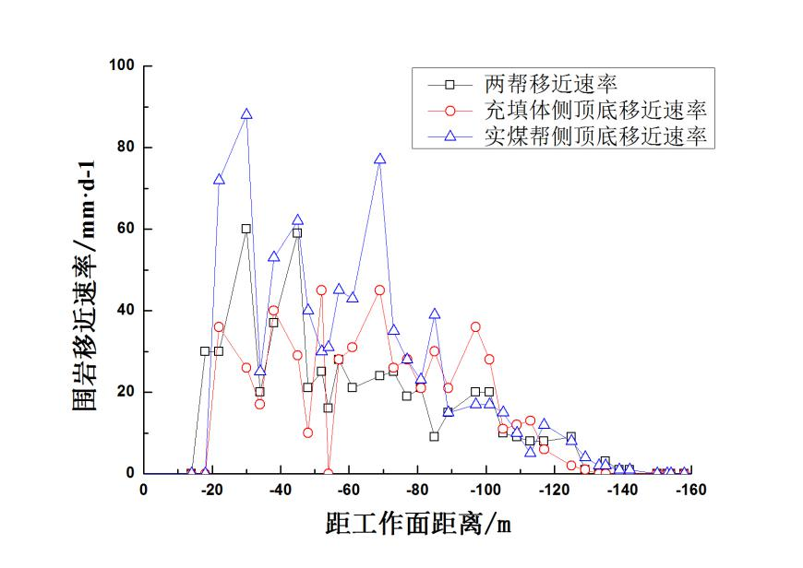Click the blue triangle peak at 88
(246, 114)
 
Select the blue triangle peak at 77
(379, 159)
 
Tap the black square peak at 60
(246, 229)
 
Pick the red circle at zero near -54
(329, 473)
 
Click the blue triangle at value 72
(219, 179)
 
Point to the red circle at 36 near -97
(475, 326)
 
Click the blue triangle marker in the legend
(449, 136)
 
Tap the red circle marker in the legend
(449, 111)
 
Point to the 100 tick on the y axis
(123, 65)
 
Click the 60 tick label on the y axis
(126, 229)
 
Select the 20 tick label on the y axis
(126, 392)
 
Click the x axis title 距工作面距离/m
(418, 525)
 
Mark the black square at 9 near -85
(434, 436)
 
